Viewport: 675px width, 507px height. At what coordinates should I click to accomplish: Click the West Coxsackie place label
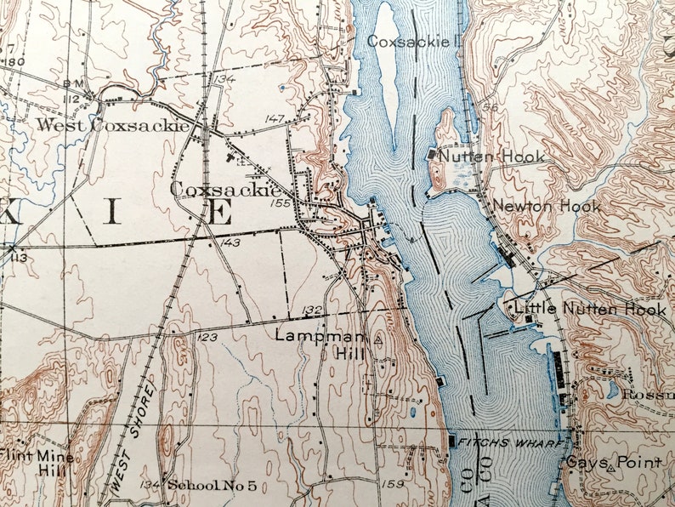[x=111, y=125]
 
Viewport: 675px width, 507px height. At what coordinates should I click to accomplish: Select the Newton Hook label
[x=546, y=206]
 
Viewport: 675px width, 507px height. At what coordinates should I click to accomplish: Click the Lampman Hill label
[x=320, y=344]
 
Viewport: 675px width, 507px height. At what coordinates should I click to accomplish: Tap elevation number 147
[x=274, y=118]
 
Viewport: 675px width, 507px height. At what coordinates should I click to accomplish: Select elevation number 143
[x=230, y=242]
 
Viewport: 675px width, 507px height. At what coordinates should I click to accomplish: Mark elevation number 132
[x=312, y=310]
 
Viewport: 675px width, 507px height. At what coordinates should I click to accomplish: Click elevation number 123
[x=207, y=338]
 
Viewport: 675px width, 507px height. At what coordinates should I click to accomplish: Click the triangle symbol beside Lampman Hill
[x=378, y=338]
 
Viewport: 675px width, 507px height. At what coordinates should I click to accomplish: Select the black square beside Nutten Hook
[x=433, y=155]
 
